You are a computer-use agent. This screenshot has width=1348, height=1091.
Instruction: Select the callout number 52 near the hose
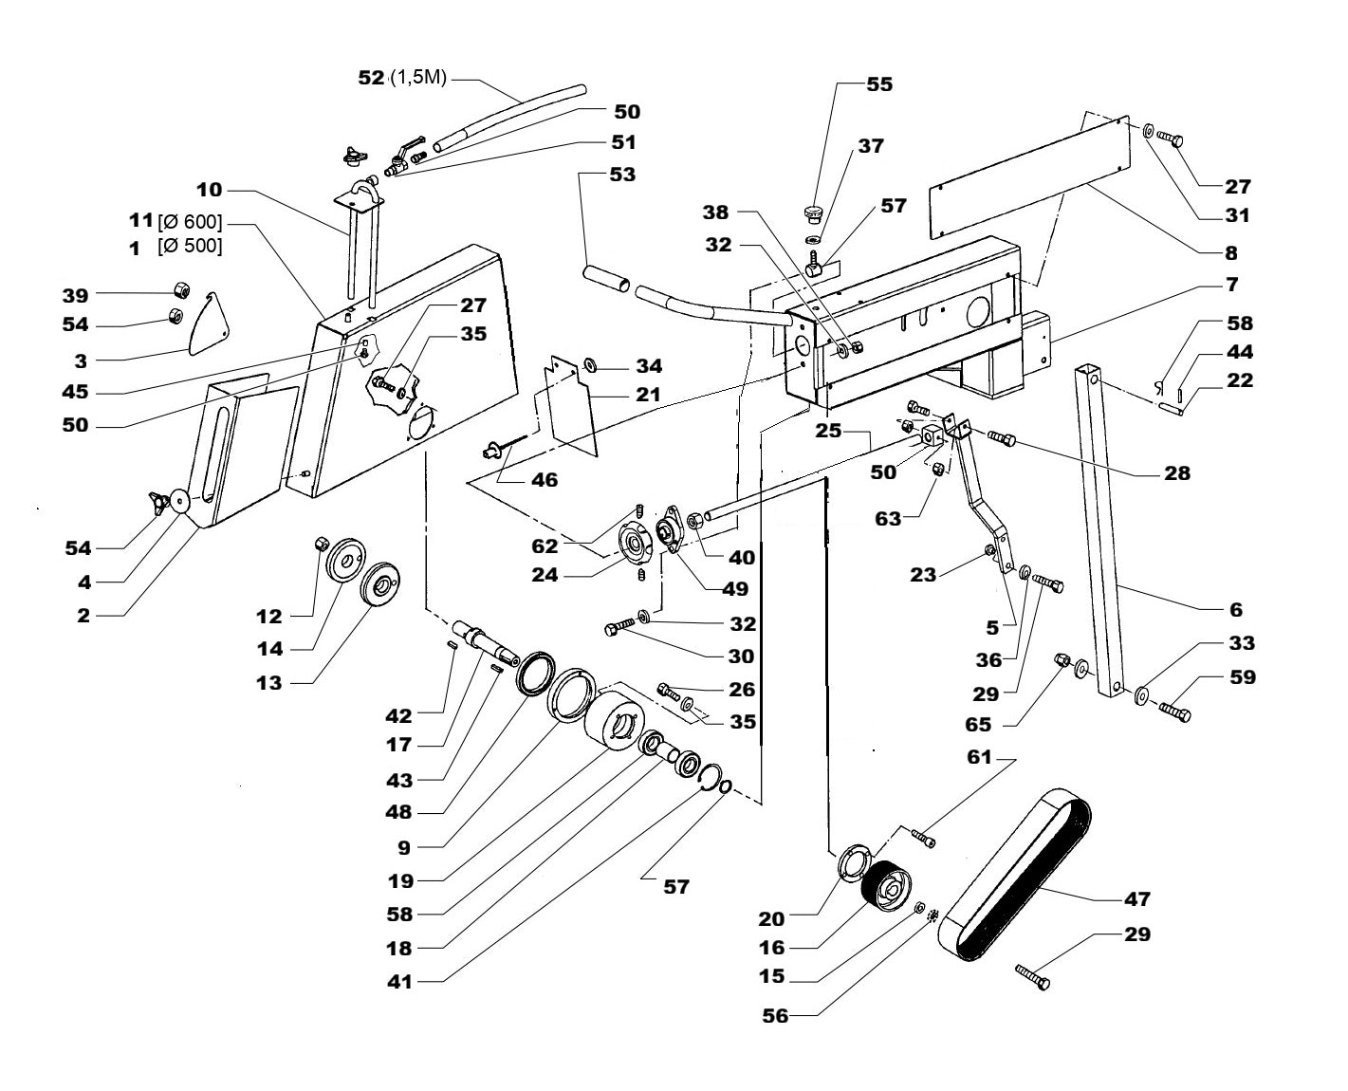coord(371,78)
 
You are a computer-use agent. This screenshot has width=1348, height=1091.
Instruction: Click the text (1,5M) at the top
coord(417,79)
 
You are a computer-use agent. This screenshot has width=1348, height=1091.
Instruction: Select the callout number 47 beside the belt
coord(1136,898)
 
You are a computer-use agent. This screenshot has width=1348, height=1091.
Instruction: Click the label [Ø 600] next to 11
coord(190,222)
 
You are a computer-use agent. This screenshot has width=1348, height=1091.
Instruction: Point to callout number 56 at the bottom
coord(775,1015)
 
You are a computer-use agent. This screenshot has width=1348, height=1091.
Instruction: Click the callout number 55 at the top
coord(879,84)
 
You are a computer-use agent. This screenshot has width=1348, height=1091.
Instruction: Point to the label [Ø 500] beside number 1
coord(190,247)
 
